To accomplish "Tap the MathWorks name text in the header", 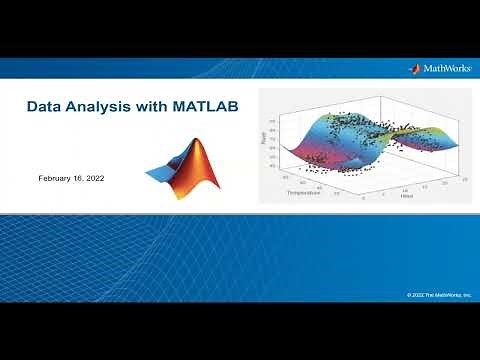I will click(446, 69).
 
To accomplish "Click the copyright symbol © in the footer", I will click(409, 294).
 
